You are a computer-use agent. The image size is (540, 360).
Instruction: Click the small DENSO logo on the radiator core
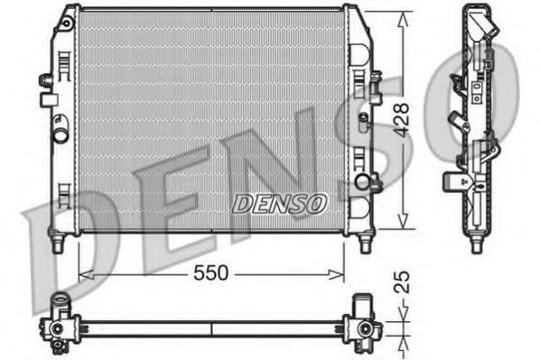279,203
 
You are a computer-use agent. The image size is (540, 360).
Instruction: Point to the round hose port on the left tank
61,136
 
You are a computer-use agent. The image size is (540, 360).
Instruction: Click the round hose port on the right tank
363,182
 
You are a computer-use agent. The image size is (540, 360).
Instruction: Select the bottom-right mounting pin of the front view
365,244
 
